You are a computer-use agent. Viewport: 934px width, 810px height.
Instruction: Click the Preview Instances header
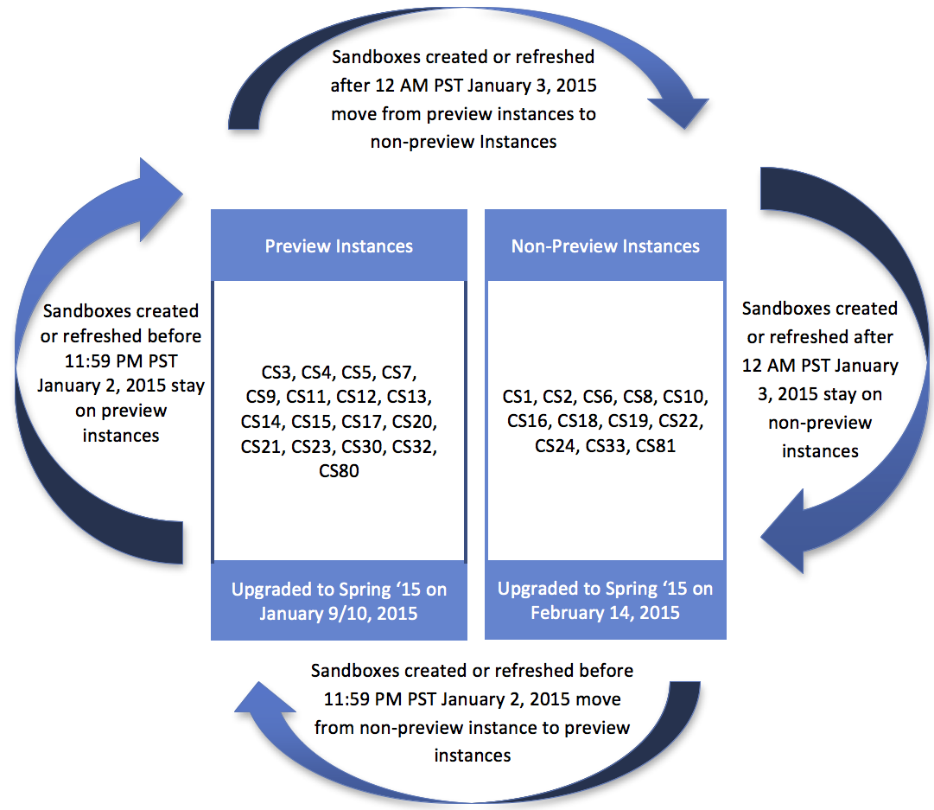pyautogui.click(x=339, y=246)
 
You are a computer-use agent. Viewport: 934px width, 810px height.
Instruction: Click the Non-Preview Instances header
pyautogui.click(x=605, y=246)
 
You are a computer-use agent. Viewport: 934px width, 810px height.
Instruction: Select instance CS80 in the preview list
pyautogui.click(x=339, y=472)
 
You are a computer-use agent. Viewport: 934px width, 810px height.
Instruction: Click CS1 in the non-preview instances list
pyautogui.click(x=519, y=397)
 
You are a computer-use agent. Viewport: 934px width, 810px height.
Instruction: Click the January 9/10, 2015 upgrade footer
pyautogui.click(x=339, y=602)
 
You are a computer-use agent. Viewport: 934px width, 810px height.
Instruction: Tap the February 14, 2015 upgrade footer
pyautogui.click(x=605, y=602)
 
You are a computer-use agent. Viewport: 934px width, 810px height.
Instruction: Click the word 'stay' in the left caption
pyautogui.click(x=185, y=386)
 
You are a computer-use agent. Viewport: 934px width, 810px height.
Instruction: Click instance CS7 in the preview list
pyautogui.click(x=398, y=373)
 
